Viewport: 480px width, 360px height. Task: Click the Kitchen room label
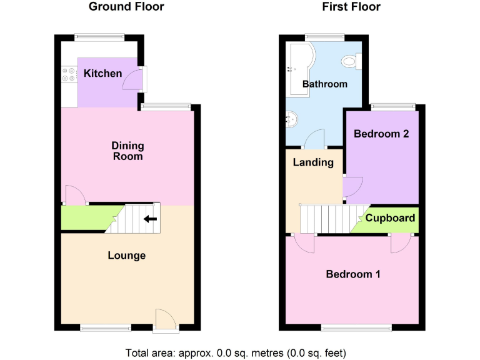(x=103, y=74)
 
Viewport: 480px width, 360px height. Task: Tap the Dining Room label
(x=127, y=151)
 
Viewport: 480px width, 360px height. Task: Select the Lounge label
(x=127, y=256)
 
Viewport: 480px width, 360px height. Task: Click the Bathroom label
(x=324, y=84)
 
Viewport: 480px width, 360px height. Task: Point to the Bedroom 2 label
(x=381, y=134)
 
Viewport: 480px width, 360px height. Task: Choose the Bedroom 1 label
(x=352, y=274)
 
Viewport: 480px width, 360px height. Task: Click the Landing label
(x=313, y=162)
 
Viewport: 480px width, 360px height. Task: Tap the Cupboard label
(x=390, y=218)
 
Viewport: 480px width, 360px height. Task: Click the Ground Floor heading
(x=126, y=7)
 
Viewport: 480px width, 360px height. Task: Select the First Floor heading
(x=351, y=7)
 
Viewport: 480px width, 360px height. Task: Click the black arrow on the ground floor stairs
(x=149, y=219)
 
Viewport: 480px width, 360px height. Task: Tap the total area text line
(x=236, y=351)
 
